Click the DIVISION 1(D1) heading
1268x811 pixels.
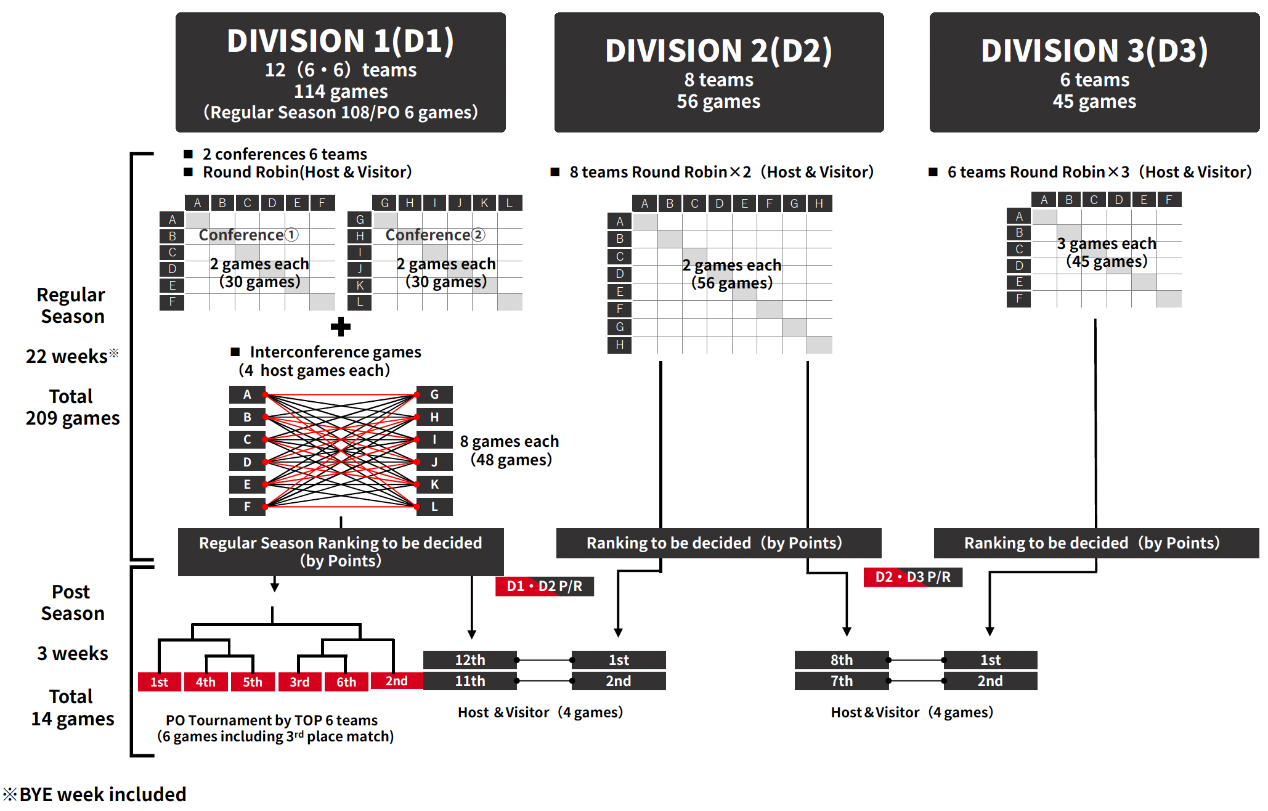(340, 41)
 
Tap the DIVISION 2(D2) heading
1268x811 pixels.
(718, 51)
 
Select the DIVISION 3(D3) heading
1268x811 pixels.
(1094, 51)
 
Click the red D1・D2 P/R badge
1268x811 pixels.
(544, 586)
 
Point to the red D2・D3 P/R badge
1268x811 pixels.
(912, 577)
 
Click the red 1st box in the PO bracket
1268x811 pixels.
(159, 682)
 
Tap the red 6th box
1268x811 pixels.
(346, 682)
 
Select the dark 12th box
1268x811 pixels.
(469, 660)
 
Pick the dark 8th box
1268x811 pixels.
(841, 660)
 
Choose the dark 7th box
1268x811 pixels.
(841, 681)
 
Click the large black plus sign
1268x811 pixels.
(340, 327)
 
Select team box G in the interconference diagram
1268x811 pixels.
(434, 394)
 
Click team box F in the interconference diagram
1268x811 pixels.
(246, 507)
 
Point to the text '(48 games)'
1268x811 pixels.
(511, 460)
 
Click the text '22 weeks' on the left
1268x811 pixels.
(67, 356)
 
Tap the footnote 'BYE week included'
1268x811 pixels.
(102, 794)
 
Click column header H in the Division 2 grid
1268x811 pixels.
(819, 203)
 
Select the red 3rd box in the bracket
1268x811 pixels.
(299, 682)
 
